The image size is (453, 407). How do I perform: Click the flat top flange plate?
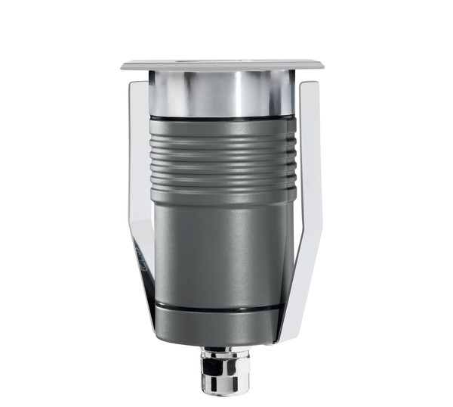[x=222, y=64]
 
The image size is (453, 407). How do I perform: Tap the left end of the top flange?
[x=125, y=66]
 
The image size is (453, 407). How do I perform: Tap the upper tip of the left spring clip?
[x=138, y=85]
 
